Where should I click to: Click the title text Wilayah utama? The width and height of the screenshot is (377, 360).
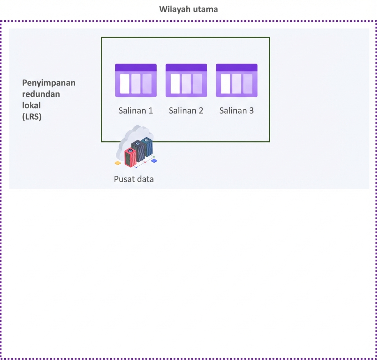pyautogui.click(x=188, y=9)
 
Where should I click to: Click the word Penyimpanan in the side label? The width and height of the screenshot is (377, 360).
pyautogui.click(x=49, y=83)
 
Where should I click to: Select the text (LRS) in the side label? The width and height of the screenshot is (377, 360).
pyautogui.click(x=32, y=117)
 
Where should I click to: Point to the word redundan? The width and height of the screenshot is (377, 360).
pyautogui.click(x=41, y=94)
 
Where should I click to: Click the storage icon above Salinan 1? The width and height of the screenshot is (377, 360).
pyautogui.click(x=136, y=80)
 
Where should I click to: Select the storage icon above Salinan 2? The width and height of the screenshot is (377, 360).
pyautogui.click(x=186, y=80)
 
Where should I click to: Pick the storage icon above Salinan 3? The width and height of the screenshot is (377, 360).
pyautogui.click(x=236, y=80)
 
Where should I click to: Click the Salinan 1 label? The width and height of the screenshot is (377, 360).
pyautogui.click(x=136, y=111)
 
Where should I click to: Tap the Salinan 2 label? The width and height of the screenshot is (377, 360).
pyautogui.click(x=186, y=111)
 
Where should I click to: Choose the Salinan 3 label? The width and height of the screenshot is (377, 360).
pyautogui.click(x=236, y=111)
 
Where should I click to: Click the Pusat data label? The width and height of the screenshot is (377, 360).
pyautogui.click(x=134, y=179)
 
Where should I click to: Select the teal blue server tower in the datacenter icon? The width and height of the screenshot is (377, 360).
pyautogui.click(x=147, y=146)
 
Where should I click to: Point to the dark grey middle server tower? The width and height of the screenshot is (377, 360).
pyautogui.click(x=138, y=151)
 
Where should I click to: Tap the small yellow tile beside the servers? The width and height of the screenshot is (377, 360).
pyautogui.click(x=118, y=163)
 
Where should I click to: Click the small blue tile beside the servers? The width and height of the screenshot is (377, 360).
pyautogui.click(x=154, y=161)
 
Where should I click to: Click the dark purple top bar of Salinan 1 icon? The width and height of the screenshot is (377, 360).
pyautogui.click(x=136, y=67)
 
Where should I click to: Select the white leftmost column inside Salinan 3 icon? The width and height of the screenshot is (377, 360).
pyautogui.click(x=226, y=84)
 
